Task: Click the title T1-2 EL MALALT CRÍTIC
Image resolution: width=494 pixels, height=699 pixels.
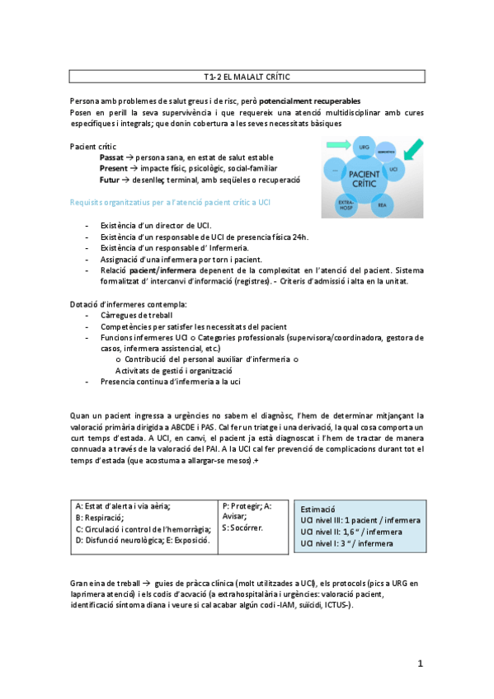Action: [x=247, y=77]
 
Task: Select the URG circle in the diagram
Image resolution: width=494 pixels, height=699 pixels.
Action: [x=341, y=148]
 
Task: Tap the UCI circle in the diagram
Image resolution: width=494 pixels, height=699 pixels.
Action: [x=393, y=168]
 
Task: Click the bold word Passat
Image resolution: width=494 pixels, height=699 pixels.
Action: [x=113, y=157]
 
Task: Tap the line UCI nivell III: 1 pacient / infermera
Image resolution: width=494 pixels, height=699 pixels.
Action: [x=360, y=521]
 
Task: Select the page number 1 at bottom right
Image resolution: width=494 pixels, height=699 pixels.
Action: [x=420, y=663]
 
